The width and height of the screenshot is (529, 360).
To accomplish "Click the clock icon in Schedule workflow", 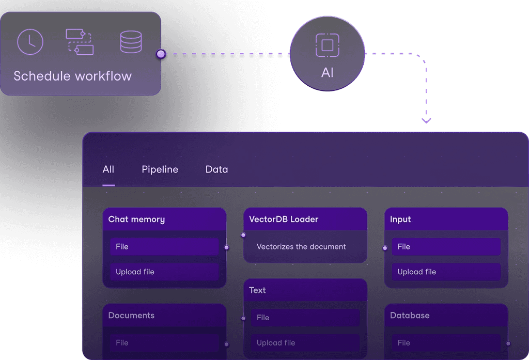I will click(x=30, y=42).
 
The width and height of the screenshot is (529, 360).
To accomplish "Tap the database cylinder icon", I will click(x=131, y=42).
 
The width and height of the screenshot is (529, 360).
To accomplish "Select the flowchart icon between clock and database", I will click(x=80, y=42).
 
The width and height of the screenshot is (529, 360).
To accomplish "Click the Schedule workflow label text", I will click(x=72, y=76).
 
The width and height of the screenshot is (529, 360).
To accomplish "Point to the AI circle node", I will click(x=327, y=54).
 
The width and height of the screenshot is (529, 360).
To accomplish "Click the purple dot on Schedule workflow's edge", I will click(x=161, y=54).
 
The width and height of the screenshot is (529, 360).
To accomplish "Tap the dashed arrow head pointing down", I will click(x=426, y=121).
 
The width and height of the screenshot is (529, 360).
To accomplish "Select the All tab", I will click(x=108, y=169).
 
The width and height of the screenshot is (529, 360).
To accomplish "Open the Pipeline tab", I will click(x=160, y=169).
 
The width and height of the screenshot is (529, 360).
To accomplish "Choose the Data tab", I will click(x=216, y=169).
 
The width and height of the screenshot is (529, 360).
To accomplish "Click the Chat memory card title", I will click(x=136, y=219).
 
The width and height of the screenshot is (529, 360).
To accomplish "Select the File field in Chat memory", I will click(x=164, y=246).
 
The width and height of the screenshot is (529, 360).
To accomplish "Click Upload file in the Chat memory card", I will click(x=164, y=272).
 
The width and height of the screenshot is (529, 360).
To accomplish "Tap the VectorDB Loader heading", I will click(x=284, y=219).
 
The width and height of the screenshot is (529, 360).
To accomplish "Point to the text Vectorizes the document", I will click(x=301, y=246).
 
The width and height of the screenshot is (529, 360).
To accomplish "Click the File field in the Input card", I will click(x=445, y=246).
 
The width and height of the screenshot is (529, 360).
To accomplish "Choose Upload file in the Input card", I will click(x=445, y=272).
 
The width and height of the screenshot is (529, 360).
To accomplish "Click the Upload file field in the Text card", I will click(x=305, y=342).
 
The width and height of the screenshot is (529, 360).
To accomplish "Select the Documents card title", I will click(x=131, y=315).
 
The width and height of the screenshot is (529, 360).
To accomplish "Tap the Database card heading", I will click(x=410, y=315).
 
